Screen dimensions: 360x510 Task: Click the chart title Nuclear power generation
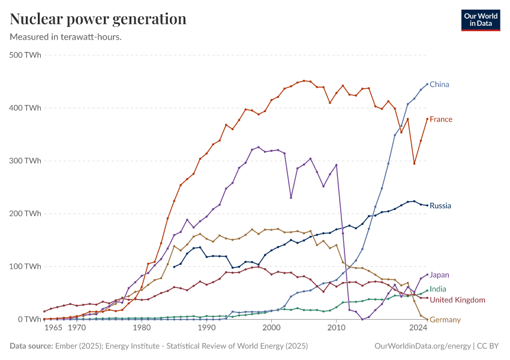click(98, 19)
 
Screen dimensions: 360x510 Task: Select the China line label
click(439, 85)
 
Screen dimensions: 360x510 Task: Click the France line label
click(441, 119)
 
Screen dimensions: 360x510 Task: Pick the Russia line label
click(440, 206)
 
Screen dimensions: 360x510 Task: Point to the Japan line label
click(439, 275)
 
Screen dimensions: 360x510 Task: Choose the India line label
click(438, 289)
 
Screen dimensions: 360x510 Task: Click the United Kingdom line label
click(457, 300)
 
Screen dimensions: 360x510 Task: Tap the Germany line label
click(445, 320)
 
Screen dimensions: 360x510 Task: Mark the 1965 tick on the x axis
click(53, 328)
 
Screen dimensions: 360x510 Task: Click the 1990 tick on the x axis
click(206, 328)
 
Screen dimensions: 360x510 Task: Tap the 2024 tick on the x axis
click(418, 328)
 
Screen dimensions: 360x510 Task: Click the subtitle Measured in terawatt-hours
click(66, 37)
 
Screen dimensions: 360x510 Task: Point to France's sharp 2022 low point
click(414, 163)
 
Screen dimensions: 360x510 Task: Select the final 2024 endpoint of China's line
click(427, 85)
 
